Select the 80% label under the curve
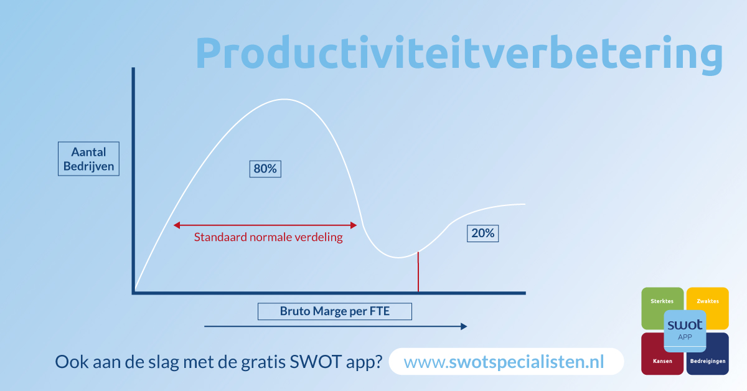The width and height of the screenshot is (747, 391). [x=265, y=169]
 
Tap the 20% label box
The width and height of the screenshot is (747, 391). [x=483, y=233]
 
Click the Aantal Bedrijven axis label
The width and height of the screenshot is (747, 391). [x=88, y=159]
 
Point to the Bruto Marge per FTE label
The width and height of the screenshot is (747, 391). [x=335, y=311]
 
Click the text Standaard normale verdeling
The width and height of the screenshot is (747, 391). [x=268, y=237]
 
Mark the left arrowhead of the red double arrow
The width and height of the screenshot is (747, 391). [x=176, y=225]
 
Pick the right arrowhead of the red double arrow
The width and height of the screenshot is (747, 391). [x=355, y=225]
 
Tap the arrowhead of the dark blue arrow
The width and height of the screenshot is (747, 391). [x=463, y=326]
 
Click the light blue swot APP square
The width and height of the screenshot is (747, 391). [x=685, y=331]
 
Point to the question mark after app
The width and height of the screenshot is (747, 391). [x=377, y=362]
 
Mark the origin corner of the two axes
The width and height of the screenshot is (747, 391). [x=134, y=292]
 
